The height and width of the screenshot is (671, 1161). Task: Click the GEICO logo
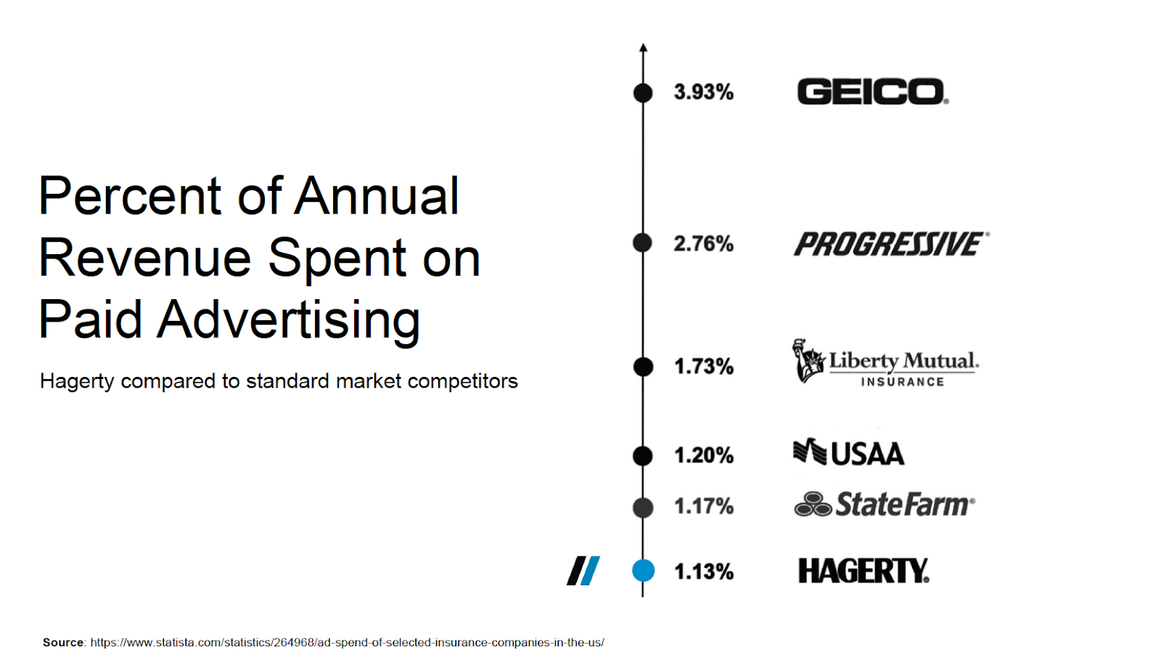[872, 92]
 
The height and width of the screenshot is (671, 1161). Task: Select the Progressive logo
[891, 244]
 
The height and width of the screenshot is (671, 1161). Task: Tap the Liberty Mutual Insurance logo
[885, 362]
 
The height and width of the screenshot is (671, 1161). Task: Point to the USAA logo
[848, 453]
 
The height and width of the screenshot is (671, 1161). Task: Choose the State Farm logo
[885, 505]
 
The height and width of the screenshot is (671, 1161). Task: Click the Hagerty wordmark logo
[863, 571]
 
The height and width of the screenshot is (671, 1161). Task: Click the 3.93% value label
[703, 92]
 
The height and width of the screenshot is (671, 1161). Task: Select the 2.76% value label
[703, 243]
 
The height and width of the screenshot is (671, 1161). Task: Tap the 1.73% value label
[703, 366]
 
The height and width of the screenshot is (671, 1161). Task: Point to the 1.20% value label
[703, 455]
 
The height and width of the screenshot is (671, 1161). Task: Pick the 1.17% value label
[703, 506]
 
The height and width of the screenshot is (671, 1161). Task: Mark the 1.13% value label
[703, 572]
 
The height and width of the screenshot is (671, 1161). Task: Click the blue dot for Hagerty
[643, 571]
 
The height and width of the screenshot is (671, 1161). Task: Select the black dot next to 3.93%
[643, 93]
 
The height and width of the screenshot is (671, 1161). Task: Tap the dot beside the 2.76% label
[643, 243]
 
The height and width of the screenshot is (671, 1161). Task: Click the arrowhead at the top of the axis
[643, 48]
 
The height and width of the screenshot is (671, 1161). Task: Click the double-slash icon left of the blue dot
[583, 571]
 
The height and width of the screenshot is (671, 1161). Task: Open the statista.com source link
[347, 643]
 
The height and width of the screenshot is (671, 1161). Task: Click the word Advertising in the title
[289, 320]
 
